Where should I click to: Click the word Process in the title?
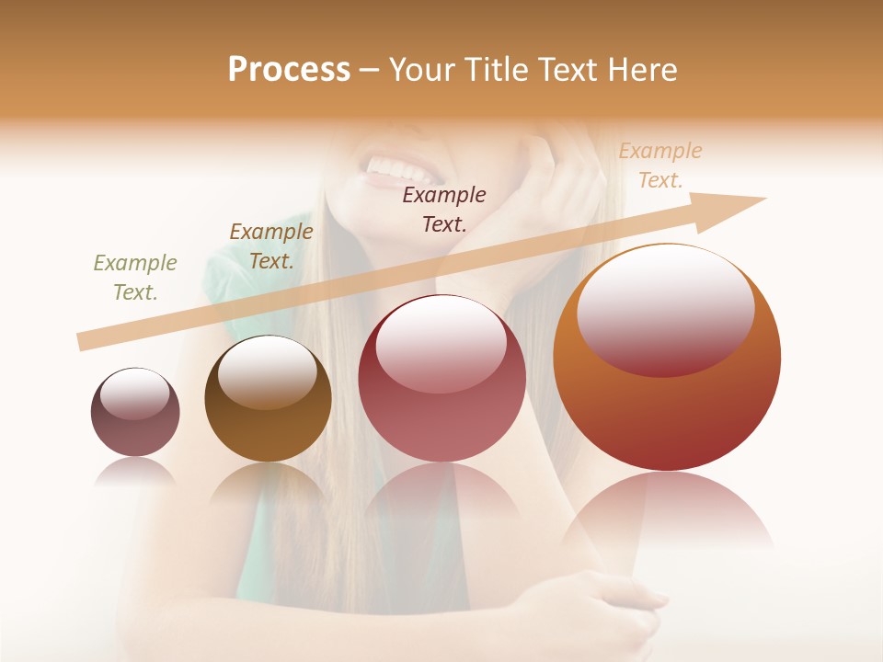[289, 70]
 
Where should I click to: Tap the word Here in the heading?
[643, 70]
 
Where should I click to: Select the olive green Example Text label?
[135, 278]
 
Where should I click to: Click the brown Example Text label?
[270, 246]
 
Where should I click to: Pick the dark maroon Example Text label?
[444, 209]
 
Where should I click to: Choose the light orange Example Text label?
[659, 165]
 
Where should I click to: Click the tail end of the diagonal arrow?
[85, 341]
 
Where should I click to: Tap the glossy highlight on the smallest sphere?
[135, 394]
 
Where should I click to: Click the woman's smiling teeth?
[400, 169]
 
